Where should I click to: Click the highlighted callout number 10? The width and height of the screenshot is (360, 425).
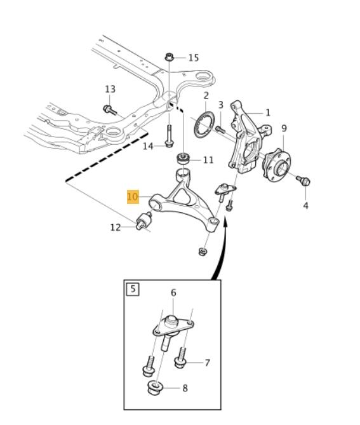[133, 196]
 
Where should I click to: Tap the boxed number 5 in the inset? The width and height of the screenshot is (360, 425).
[133, 289]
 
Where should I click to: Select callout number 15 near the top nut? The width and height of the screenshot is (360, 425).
[194, 58]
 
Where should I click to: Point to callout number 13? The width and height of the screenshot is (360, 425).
[110, 89]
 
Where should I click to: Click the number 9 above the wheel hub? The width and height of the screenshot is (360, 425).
[284, 128]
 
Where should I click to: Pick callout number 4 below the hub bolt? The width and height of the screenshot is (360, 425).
[305, 205]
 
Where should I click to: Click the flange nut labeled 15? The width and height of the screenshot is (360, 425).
[169, 57]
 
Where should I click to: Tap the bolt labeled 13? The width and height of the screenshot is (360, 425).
[110, 110]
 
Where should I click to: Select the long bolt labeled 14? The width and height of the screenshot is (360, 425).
[169, 136]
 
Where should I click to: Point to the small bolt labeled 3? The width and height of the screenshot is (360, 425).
[220, 130]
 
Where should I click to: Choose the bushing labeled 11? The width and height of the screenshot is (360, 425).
[183, 159]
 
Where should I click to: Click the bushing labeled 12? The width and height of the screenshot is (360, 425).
[144, 220]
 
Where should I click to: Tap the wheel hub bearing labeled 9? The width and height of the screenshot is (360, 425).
[276, 165]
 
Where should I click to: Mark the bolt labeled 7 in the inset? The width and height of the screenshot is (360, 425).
[181, 358]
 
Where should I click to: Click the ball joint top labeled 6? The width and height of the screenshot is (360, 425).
[171, 321]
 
